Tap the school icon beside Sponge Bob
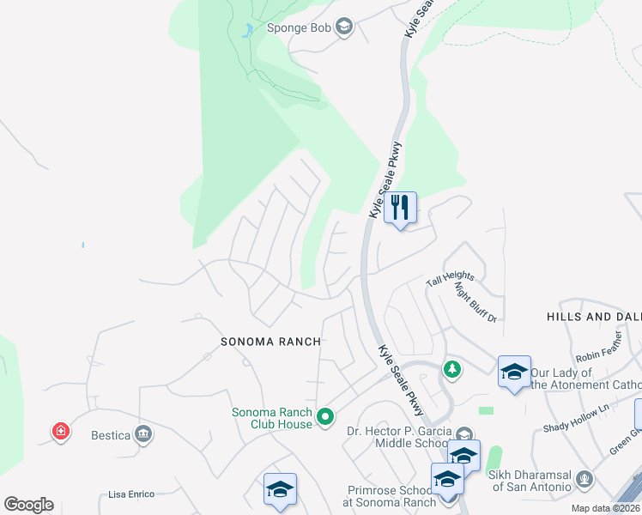pos(344,27)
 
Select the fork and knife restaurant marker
pos(400,209)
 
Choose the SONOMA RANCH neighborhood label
pos(270,342)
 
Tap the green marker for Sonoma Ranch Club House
pos(325,418)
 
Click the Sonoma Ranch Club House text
pos(271,418)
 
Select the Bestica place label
pos(111,435)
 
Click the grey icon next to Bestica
pos(143,434)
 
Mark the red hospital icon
pos(61,430)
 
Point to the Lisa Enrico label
pos(131,494)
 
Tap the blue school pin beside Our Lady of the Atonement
pos(514,373)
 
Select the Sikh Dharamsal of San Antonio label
pos(530,481)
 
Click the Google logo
pos(28,505)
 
